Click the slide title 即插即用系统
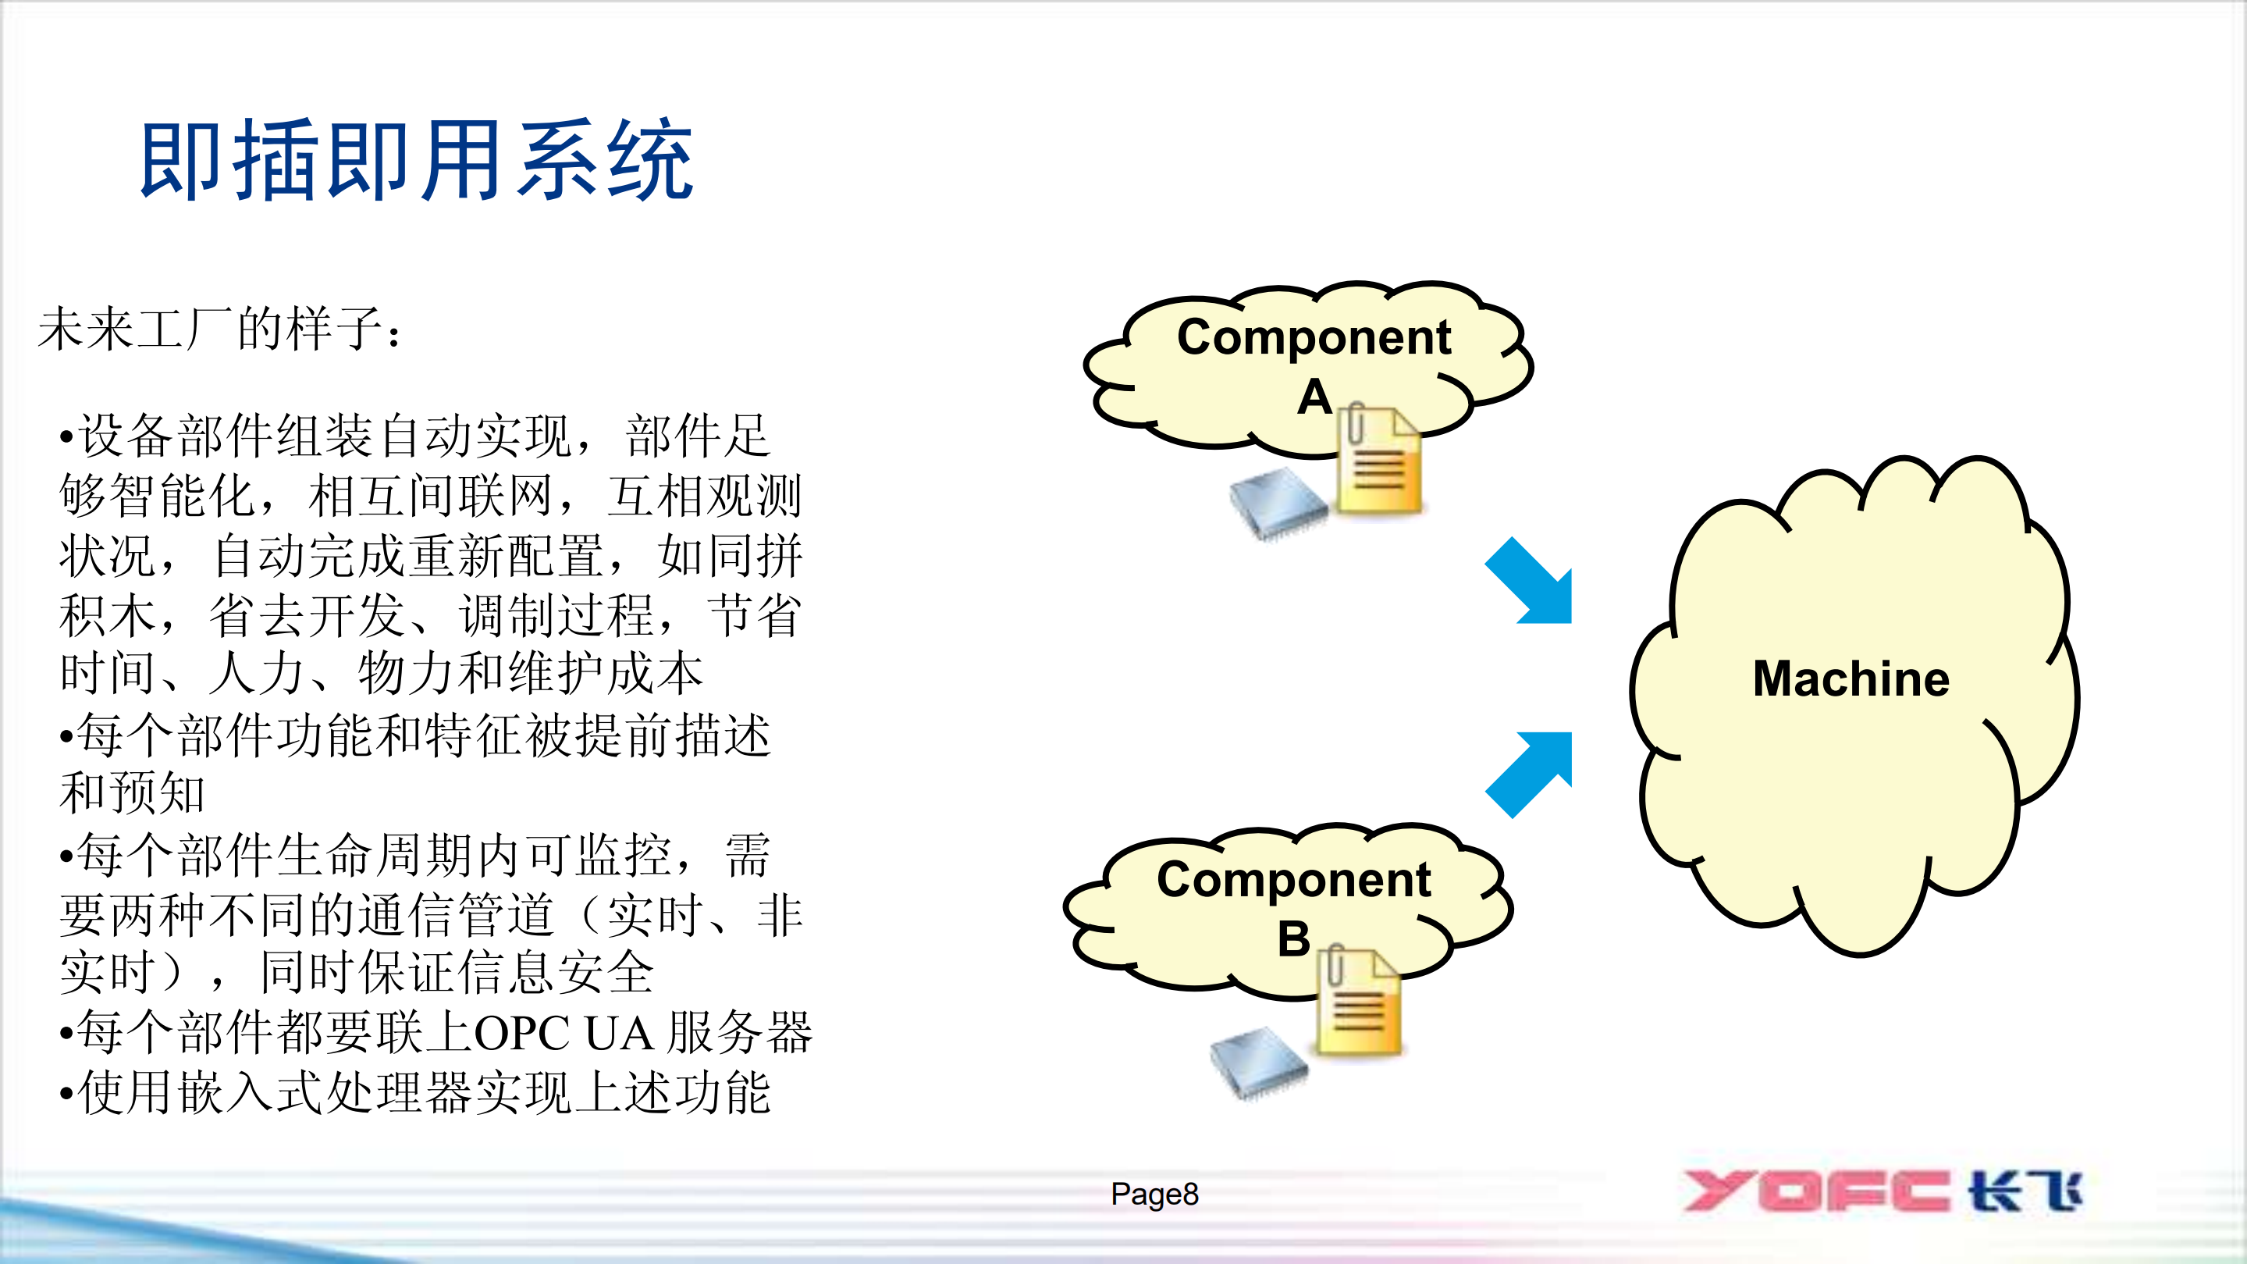pos(417,162)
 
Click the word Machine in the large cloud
pos(1850,678)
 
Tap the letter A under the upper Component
pos(1314,397)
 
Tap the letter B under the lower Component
pos(1293,939)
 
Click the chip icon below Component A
pos(1278,503)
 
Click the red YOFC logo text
pos(1815,1191)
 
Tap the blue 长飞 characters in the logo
pos(2024,1191)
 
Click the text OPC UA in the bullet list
pos(563,1034)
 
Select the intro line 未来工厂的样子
pos(218,329)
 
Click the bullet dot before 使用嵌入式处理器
pos(66,1093)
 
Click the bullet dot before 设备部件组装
pos(66,436)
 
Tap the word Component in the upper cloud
pos(1314,337)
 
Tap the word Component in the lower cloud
pos(1293,879)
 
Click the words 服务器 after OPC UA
pos(740,1034)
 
